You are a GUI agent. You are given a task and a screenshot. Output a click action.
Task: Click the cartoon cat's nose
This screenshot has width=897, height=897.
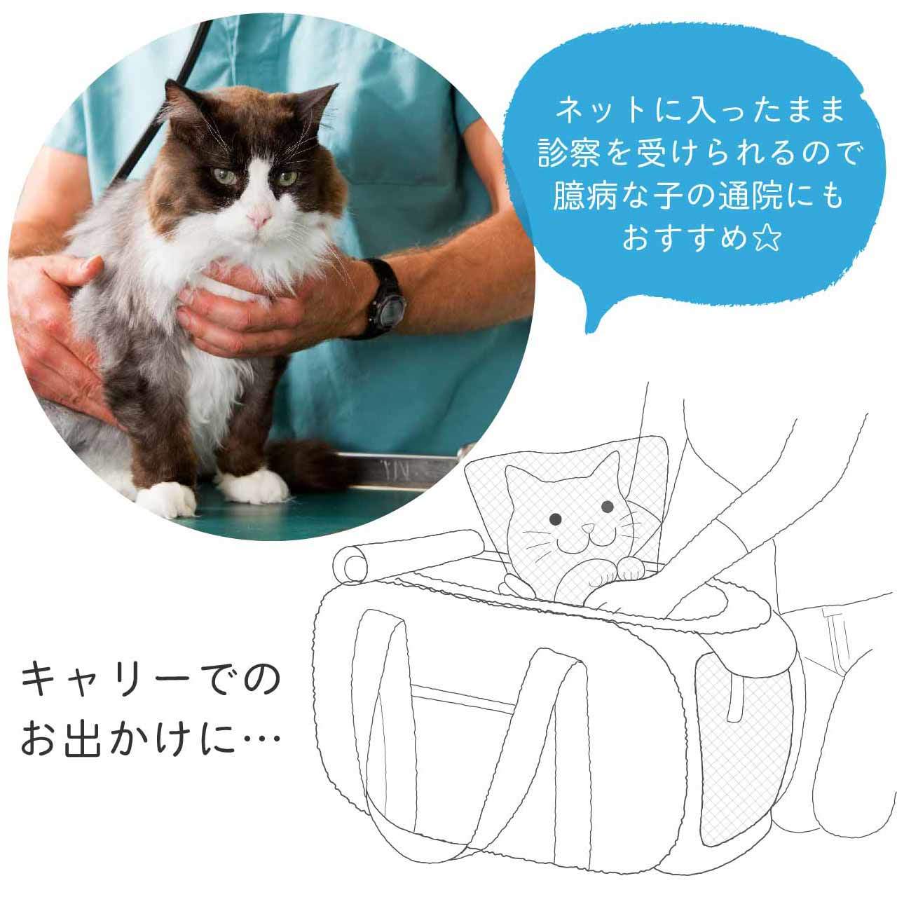pos(589,528)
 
